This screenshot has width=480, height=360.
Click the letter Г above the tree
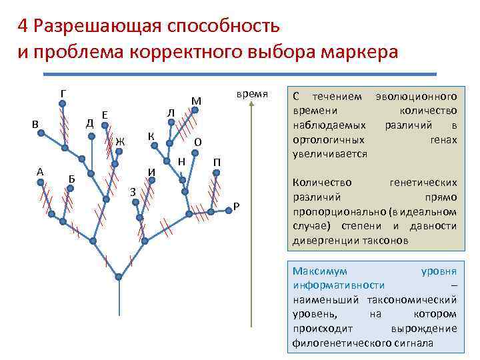pyautogui.click(x=62, y=92)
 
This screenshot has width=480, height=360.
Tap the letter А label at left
pyautogui.click(x=40, y=171)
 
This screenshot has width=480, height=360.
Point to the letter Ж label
pyautogui.click(x=120, y=141)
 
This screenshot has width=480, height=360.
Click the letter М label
pyautogui.click(x=196, y=101)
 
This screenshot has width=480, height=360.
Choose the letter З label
pyautogui.click(x=133, y=192)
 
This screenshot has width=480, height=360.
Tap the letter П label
pyautogui.click(x=217, y=162)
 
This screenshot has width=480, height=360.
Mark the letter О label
pyautogui.click(x=198, y=142)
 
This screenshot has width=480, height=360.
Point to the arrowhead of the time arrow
pyautogui.click(x=251, y=107)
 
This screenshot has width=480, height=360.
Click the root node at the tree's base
pyautogui.click(x=119, y=276)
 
